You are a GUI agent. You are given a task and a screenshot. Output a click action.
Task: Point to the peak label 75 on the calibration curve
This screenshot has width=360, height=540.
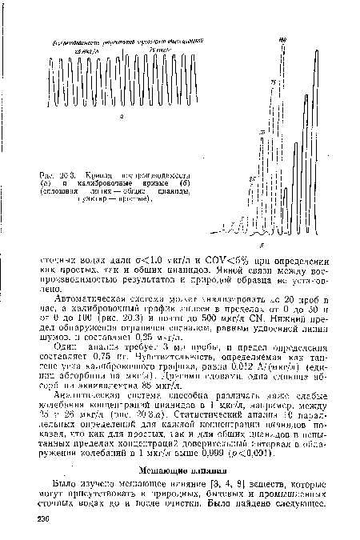(x=273, y=82)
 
